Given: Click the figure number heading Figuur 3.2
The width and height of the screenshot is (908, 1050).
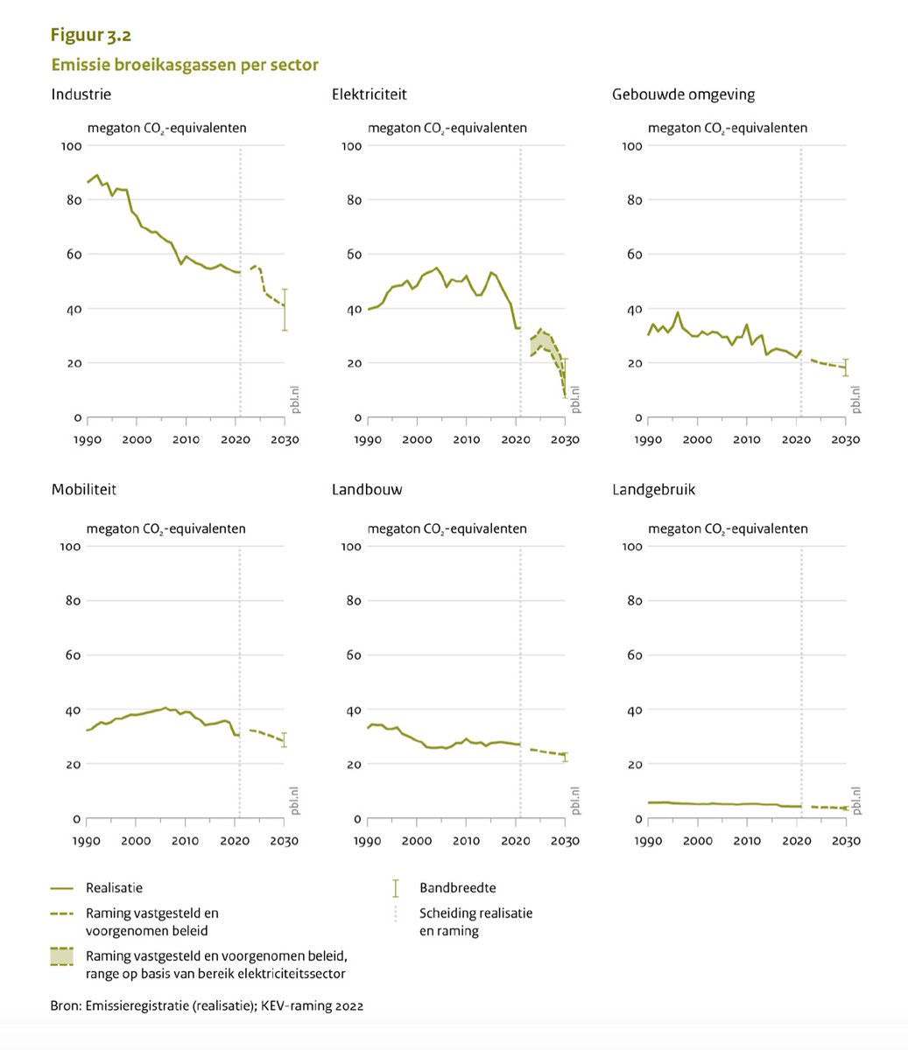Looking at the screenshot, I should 91,36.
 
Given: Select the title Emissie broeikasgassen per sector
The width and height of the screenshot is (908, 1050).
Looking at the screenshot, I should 185,65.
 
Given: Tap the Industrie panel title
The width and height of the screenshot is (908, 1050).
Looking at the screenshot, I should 81,94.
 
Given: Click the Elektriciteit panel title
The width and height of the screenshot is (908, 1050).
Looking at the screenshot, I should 369,94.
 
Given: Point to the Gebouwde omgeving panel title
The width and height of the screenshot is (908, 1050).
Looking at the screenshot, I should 683,94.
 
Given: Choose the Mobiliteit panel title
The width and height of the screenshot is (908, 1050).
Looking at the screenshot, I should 84,490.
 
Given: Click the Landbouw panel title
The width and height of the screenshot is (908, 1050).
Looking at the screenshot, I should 367,490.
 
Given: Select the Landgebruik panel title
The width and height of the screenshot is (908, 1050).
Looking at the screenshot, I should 653,490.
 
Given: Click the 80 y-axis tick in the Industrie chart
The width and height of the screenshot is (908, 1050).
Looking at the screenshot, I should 74,200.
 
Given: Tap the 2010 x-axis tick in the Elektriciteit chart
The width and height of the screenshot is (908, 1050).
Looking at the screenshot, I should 467,439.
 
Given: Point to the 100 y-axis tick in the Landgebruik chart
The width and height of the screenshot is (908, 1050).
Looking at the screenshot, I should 631,546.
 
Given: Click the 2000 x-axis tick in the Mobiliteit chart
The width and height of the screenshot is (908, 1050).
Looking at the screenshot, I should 136,840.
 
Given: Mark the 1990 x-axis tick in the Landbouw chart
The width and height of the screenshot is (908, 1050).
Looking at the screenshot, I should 368,840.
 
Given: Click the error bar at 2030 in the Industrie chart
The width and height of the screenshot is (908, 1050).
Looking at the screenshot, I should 285,310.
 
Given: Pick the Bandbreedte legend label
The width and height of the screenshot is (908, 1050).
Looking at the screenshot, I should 458,888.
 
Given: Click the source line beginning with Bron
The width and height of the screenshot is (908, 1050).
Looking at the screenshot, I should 207,1006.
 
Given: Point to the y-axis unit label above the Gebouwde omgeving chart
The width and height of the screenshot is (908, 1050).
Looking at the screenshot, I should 728,128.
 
